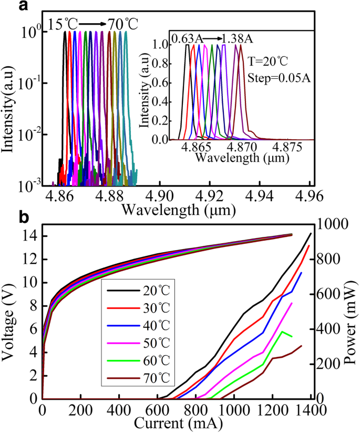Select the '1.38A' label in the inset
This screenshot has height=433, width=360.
pos(236,38)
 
